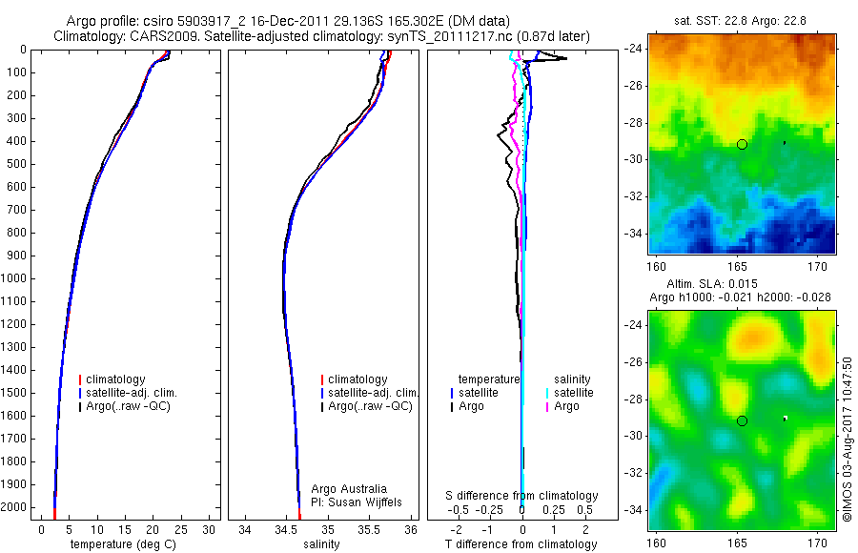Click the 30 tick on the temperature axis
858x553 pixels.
(x=211, y=529)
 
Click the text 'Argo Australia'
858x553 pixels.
(x=349, y=489)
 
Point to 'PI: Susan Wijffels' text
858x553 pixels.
(x=357, y=502)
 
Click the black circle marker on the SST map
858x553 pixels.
(x=742, y=144)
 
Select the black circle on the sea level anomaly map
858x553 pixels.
(x=742, y=420)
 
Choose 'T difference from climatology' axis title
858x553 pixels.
(x=521, y=544)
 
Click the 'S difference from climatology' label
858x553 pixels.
(x=522, y=496)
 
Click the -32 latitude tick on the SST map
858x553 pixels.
(x=636, y=196)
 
